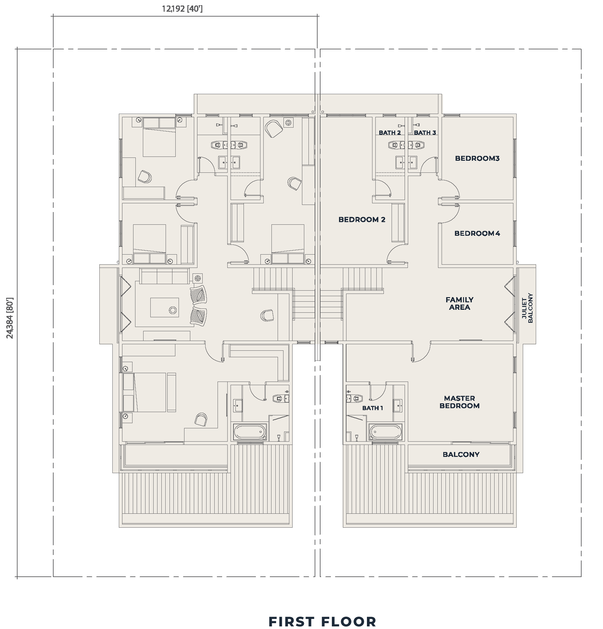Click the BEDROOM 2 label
pos(362,220)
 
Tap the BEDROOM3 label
pos(477,158)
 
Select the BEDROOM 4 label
pos(477,233)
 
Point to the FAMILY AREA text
pos(459,303)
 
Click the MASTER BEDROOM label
pos(459,402)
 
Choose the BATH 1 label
pos(372,408)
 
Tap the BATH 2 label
pos(390,132)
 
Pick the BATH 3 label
pos(425,132)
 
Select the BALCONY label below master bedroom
pos(461,454)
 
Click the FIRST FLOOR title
pos(322,612)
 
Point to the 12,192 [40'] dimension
pos(182,9)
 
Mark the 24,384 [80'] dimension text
pos(10,318)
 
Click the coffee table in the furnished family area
pos(164,307)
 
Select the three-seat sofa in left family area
pos(164,276)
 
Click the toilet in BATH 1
pos(356,398)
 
